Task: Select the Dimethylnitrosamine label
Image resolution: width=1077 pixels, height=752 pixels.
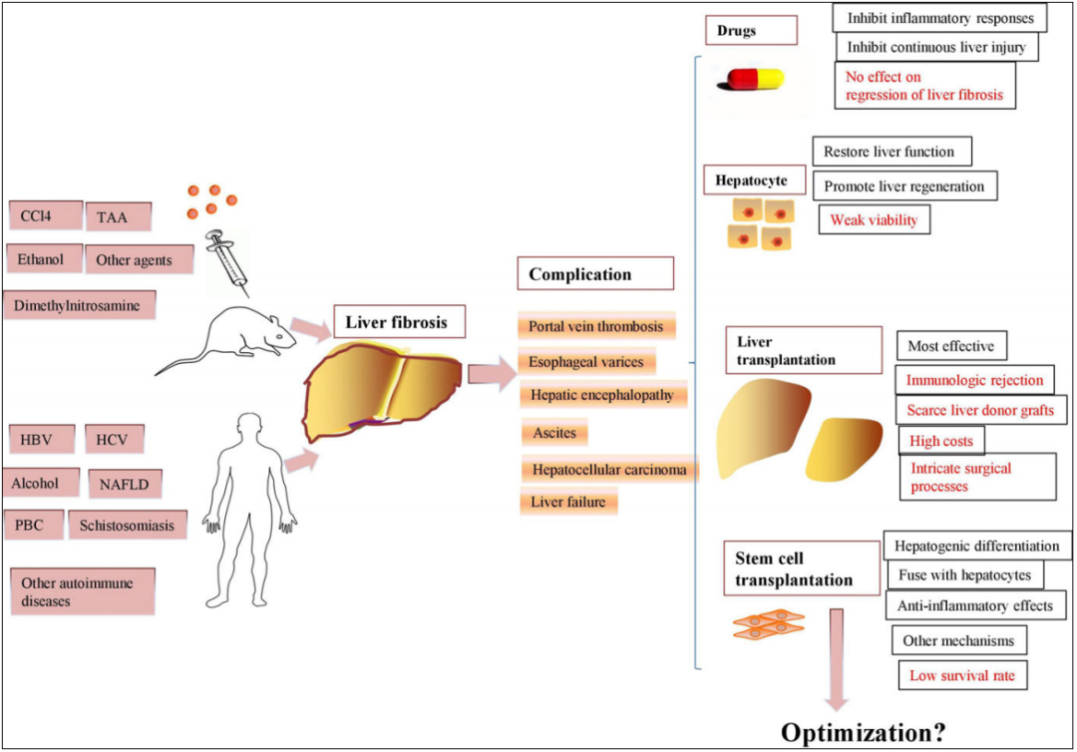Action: tap(78, 304)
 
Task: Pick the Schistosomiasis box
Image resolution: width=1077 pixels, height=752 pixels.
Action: tap(128, 526)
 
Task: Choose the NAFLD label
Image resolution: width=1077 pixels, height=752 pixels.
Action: tap(124, 485)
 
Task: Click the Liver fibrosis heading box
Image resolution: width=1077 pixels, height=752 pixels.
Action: tap(396, 322)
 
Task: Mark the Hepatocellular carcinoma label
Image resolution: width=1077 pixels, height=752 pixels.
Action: tap(608, 468)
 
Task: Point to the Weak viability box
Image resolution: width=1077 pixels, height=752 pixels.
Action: tap(874, 219)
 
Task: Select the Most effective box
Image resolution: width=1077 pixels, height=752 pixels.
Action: tap(951, 346)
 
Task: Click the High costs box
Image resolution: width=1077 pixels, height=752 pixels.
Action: tap(940, 440)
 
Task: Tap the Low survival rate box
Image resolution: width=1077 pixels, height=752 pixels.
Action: tap(961, 675)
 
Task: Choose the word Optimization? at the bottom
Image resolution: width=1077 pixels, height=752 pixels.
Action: tap(864, 731)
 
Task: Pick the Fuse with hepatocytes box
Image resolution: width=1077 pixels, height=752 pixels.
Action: tap(963, 575)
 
